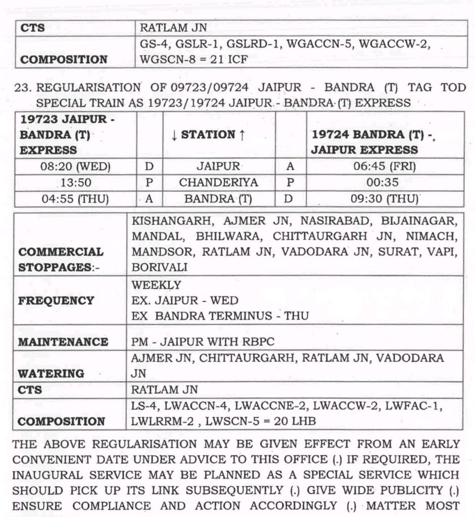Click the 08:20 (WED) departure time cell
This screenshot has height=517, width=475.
tap(75, 166)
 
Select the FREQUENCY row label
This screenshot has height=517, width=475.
tap(56, 301)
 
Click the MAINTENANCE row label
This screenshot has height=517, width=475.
tap(63, 342)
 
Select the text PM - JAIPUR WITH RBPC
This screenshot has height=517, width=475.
tap(203, 342)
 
